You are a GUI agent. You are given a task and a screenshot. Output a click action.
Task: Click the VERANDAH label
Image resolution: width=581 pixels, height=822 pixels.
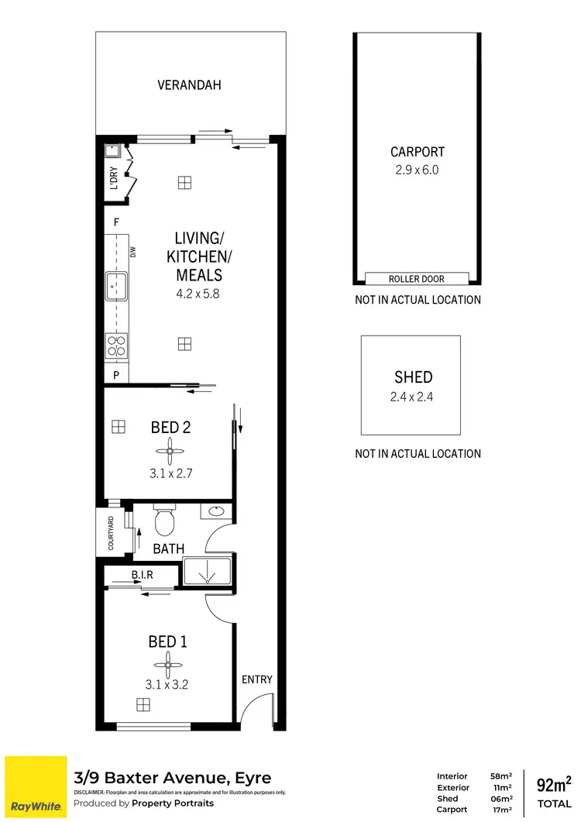190,84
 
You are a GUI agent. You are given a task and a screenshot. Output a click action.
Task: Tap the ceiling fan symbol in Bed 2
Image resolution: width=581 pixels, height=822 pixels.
169,451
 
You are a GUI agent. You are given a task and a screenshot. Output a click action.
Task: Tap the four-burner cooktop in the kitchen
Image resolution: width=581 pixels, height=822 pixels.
116,346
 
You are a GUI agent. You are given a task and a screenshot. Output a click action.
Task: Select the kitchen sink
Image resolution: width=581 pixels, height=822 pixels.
116,286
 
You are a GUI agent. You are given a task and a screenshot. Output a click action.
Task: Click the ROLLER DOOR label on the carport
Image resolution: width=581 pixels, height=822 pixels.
417,279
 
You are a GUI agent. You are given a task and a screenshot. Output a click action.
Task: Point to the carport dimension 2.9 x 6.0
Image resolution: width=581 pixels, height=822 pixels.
417,170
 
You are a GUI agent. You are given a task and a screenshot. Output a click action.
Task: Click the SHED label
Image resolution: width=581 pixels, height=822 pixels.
413,377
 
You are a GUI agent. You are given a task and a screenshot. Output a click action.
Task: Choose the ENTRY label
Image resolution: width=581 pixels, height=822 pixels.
257,679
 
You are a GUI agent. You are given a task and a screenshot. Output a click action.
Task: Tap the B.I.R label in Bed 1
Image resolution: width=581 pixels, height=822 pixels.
141,575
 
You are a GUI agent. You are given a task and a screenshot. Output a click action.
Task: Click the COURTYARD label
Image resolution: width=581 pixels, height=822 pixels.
112,532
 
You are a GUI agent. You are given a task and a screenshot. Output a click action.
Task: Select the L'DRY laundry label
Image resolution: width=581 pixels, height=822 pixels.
113,178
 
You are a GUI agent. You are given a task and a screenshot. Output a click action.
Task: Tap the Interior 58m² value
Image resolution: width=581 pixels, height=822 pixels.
500,776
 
